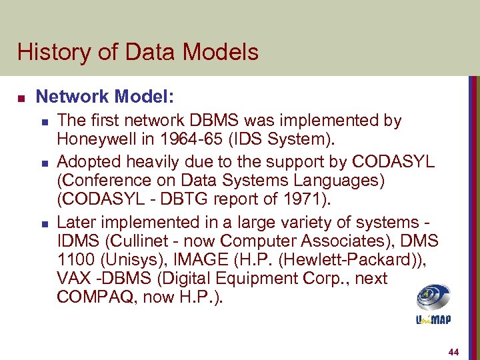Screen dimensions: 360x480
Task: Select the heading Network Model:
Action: (105, 97)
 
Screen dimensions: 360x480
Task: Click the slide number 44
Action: (454, 352)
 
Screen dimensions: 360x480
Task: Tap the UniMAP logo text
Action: (433, 320)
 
